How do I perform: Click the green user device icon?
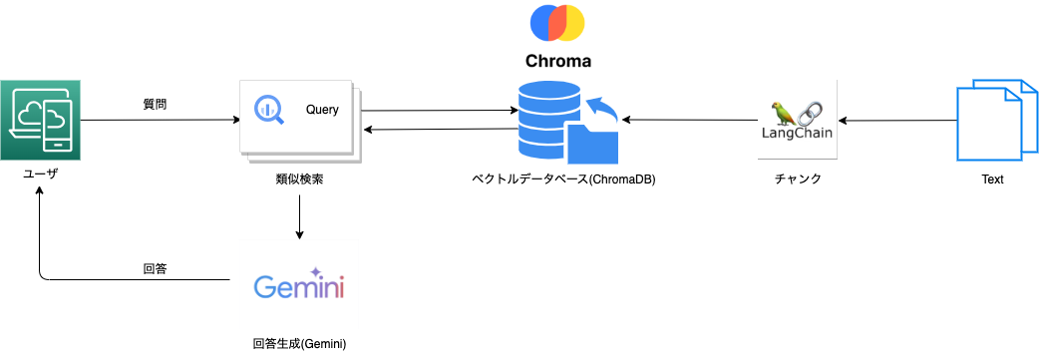(41, 120)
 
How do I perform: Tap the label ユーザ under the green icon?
(41, 174)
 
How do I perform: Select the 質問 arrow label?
(155, 104)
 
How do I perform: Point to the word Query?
(322, 109)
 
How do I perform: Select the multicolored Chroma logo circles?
(557, 22)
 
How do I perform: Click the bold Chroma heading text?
(558, 61)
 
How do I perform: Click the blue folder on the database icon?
(590, 141)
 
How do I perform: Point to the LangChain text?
(796, 132)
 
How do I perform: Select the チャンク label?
(798, 180)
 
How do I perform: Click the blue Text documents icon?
(990, 122)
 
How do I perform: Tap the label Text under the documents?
(991, 180)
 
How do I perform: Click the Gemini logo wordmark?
(299, 286)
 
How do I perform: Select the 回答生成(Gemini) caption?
(299, 343)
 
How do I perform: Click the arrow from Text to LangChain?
(897, 121)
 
